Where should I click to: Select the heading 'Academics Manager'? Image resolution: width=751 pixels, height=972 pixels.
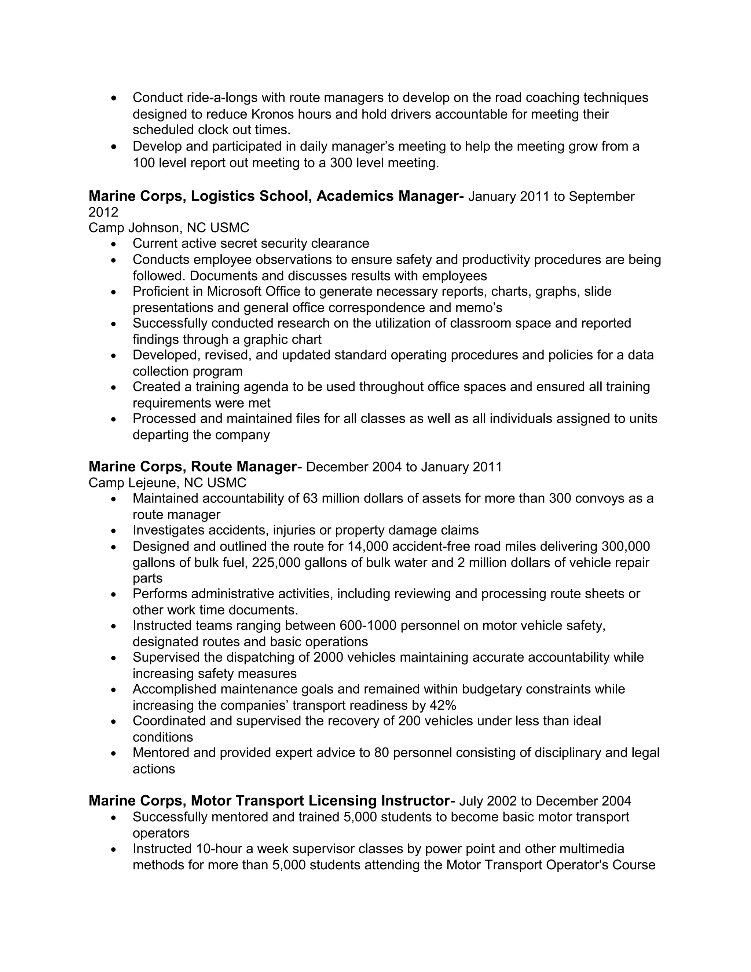tap(387, 196)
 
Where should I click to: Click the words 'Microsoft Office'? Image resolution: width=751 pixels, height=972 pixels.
tap(253, 292)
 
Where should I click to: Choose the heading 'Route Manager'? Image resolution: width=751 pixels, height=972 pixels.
tap(243, 467)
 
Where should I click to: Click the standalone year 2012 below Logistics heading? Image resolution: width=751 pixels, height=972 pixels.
tap(103, 212)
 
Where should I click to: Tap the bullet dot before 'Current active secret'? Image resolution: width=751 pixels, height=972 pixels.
tap(114, 244)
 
